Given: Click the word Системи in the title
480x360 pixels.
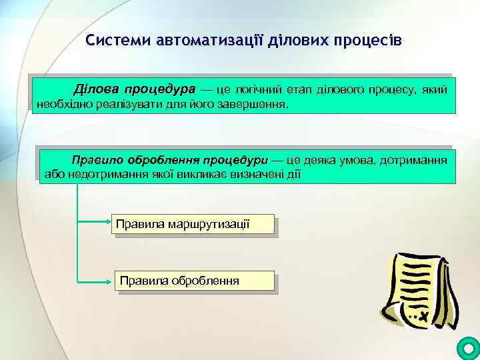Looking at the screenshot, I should pyautogui.click(x=118, y=41).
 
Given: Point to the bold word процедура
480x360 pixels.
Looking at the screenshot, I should pyautogui.click(x=159, y=90).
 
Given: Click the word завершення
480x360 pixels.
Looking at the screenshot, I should pyautogui.click(x=255, y=105).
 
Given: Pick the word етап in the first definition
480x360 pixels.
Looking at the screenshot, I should pyautogui.click(x=298, y=90).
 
